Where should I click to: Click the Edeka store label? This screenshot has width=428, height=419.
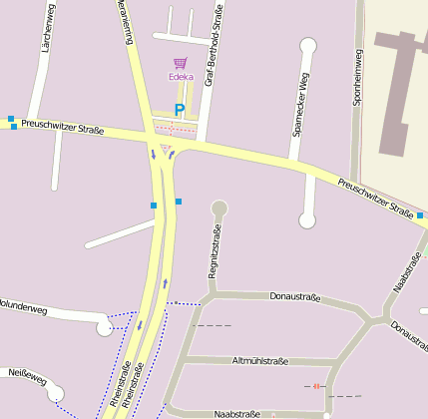(x=181, y=77)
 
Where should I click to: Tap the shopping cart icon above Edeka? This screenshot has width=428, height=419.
(x=181, y=63)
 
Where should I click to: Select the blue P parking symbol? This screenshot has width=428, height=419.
(x=180, y=110)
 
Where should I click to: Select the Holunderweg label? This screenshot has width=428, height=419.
(x=22, y=307)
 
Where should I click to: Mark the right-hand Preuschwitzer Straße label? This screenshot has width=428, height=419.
(x=375, y=197)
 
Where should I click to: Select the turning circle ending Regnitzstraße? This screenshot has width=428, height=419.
(x=219, y=209)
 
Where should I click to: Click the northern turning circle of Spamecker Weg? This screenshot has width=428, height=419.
(x=308, y=44)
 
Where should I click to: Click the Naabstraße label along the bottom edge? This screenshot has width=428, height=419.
(x=237, y=411)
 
